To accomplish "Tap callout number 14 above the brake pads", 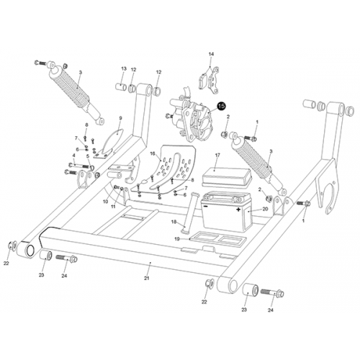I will (211, 55).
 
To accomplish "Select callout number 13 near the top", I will (123, 69).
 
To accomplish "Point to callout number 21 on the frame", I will (145, 278).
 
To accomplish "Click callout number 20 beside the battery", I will (265, 209).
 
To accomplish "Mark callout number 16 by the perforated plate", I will (152, 153).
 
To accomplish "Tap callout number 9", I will (120, 117).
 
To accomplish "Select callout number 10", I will (105, 202).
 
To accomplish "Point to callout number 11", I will (113, 207).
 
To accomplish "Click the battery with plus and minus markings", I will (225, 212).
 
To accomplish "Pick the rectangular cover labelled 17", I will (225, 175).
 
